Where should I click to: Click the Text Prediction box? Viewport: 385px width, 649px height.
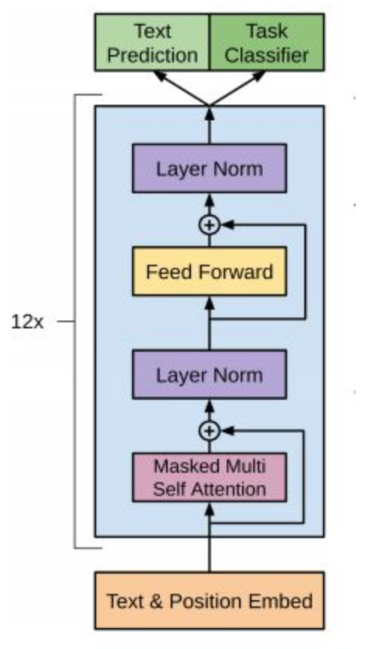[x=152, y=43]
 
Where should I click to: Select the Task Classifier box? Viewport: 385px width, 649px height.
[x=267, y=43]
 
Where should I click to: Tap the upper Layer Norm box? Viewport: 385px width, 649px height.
[x=210, y=168]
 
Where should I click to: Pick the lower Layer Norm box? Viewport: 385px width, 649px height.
[x=210, y=375]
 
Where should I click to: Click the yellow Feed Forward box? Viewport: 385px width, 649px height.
[x=210, y=272]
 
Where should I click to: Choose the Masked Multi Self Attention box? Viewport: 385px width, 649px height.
[x=210, y=477]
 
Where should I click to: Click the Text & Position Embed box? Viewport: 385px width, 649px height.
[x=210, y=601]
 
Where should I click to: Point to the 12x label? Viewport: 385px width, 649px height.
[x=27, y=321]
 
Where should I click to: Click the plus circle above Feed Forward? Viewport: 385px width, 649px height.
[x=210, y=225]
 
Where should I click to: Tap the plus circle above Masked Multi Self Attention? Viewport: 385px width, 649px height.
[x=210, y=432]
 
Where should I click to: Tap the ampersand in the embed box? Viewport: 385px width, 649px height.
[x=155, y=601]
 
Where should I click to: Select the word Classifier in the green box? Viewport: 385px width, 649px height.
[x=266, y=55]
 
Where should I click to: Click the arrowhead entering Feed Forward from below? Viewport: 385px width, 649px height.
[x=210, y=304]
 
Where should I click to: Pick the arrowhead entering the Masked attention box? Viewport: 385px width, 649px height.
[x=210, y=509]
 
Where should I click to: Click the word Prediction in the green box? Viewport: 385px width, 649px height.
[x=152, y=55]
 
